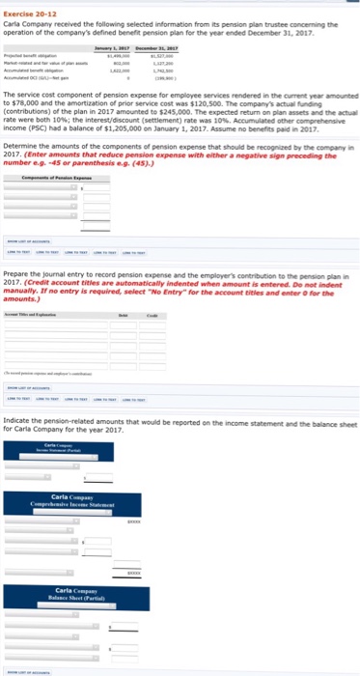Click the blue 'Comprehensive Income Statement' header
(x=86, y=502)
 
